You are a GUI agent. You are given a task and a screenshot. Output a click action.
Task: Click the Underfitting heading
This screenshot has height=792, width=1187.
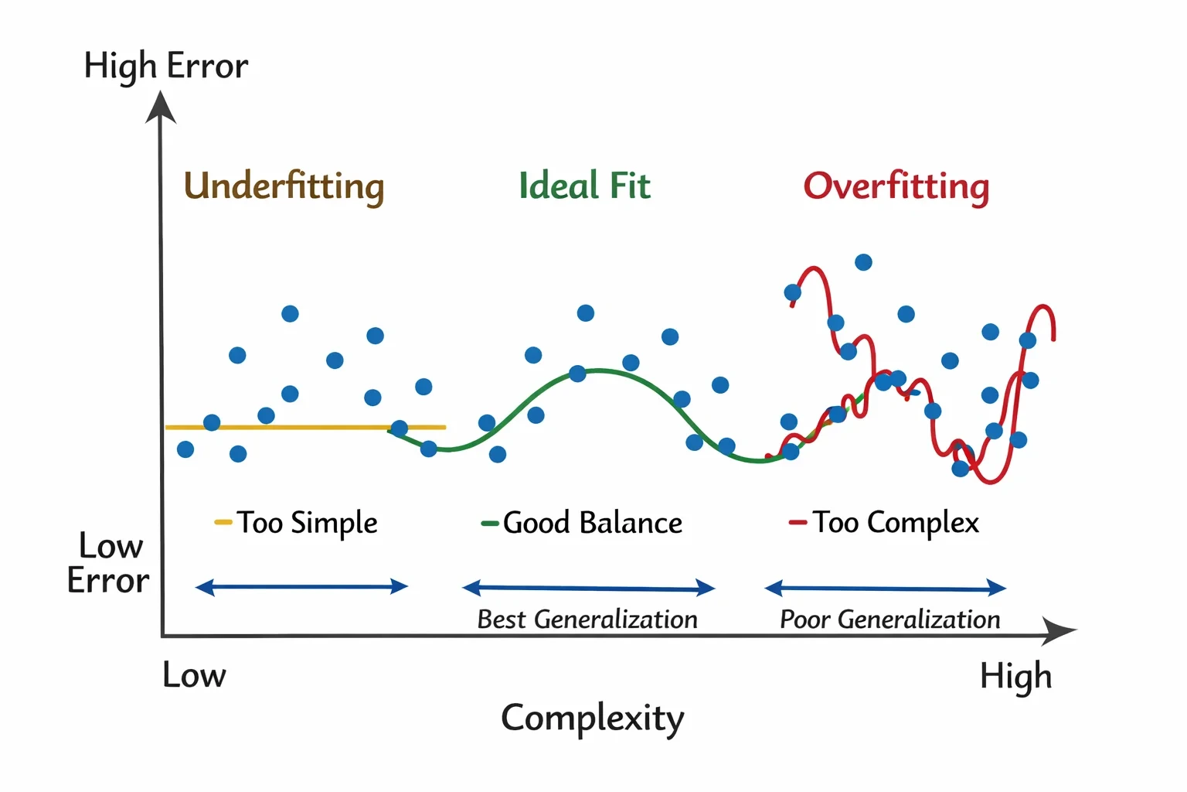[284, 186]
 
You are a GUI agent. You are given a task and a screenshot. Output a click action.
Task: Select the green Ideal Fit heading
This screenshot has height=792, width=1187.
[584, 185]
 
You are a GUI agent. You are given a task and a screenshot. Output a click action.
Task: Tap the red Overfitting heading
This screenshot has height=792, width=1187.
[896, 186]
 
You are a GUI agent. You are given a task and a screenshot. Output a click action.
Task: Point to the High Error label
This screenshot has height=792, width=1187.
[166, 67]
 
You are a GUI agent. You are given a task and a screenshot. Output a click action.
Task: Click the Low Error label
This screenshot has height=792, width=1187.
[108, 563]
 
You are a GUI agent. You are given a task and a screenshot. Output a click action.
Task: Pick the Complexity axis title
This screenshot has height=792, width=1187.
[593, 719]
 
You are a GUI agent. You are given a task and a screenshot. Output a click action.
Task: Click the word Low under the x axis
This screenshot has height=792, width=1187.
[194, 674]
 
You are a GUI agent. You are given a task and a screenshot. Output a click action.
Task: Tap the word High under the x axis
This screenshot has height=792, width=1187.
[1016, 677]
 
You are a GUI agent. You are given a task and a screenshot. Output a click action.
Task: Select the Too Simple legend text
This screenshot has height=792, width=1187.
[307, 523]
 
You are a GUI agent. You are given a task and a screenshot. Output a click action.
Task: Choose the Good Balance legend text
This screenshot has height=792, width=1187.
[593, 523]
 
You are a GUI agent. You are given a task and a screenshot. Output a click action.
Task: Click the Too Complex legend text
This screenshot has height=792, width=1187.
[896, 523]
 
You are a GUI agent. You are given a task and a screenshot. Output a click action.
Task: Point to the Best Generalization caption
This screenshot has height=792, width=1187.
[587, 620]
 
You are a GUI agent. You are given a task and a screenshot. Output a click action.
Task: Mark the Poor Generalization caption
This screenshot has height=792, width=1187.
[890, 620]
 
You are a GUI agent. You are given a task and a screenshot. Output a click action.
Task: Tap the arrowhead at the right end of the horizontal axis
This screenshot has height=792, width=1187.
[1059, 630]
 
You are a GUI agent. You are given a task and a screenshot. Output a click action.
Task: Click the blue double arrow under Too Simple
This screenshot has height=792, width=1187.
[301, 587]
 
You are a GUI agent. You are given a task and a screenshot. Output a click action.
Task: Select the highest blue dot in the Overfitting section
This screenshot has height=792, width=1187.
[863, 262]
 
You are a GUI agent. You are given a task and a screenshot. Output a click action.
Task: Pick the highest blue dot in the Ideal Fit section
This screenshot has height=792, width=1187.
[585, 313]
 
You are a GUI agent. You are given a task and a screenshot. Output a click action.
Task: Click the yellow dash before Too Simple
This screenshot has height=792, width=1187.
[223, 523]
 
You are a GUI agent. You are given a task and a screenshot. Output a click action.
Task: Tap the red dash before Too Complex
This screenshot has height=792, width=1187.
[798, 523]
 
